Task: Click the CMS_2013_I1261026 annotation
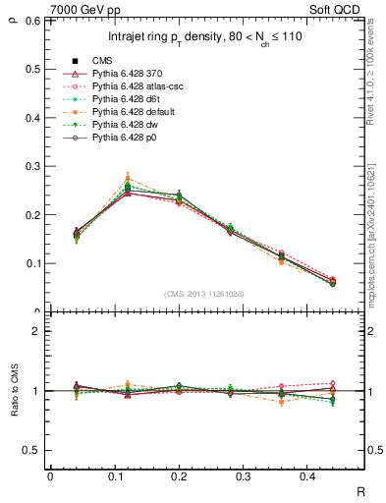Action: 205,294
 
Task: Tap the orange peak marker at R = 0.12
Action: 128,178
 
